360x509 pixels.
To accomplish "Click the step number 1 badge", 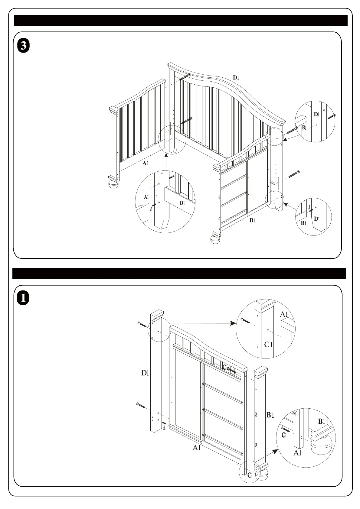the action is [23, 298].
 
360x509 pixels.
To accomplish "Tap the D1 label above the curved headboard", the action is [236, 77].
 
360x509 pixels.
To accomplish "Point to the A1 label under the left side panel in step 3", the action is [146, 164].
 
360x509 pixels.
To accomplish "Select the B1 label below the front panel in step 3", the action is [252, 221].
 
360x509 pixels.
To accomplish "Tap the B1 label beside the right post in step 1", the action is [270, 415].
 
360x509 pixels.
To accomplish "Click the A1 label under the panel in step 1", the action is [197, 448].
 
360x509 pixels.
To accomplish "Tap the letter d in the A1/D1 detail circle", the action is [151, 209].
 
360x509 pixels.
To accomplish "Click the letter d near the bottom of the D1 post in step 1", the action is [164, 428].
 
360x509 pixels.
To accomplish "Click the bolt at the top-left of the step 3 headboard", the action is [185, 77].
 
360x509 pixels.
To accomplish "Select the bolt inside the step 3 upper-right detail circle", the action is [332, 116].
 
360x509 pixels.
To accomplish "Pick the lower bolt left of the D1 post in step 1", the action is [141, 405].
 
